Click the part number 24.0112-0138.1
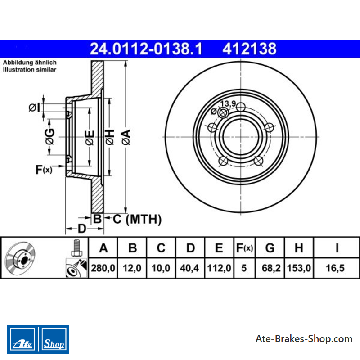[x=146, y=49]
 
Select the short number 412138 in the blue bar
[x=249, y=49]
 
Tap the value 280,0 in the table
[x=103, y=268]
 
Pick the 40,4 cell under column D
[x=189, y=268]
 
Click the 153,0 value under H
[x=299, y=268]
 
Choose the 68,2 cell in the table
[x=271, y=268]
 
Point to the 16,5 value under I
[x=335, y=268]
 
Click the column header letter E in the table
[x=219, y=248]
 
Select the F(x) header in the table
[x=244, y=248]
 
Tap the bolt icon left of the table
[x=76, y=248]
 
